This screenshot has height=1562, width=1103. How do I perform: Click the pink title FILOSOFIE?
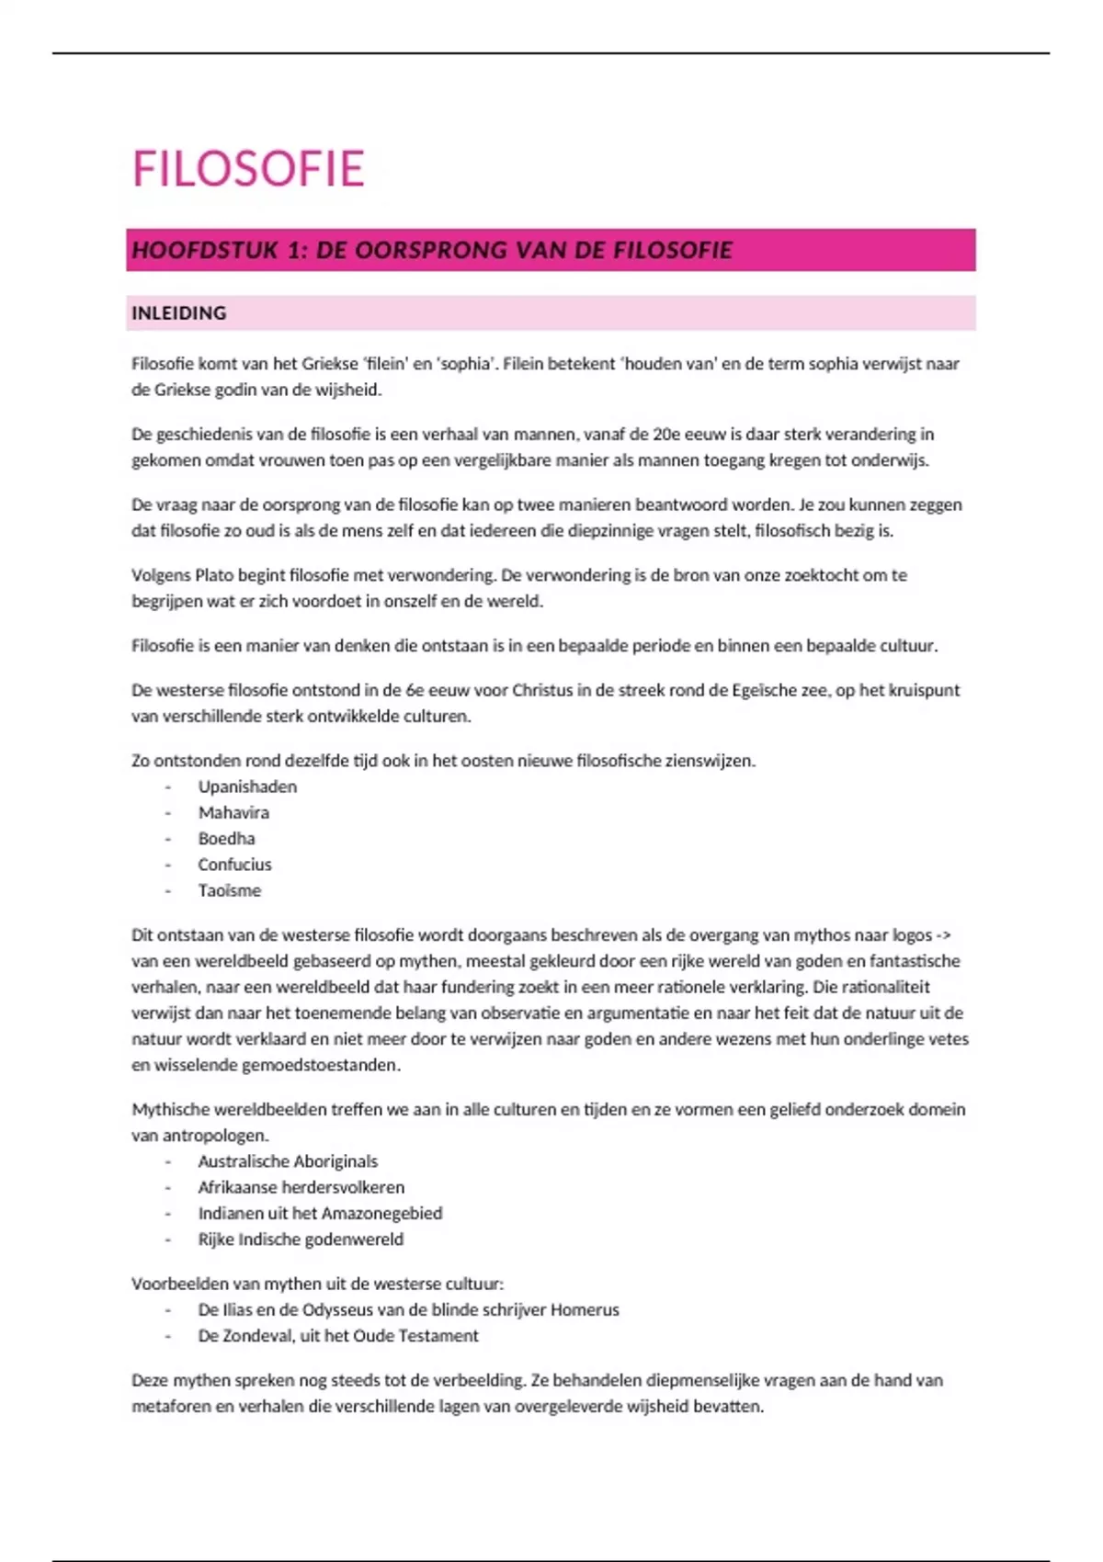[x=248, y=169]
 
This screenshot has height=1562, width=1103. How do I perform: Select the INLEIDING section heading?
[x=178, y=313]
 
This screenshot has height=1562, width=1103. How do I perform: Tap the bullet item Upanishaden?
[x=247, y=787]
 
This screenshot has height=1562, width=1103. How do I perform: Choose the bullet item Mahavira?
[x=233, y=812]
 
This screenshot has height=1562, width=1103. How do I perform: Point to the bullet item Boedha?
[x=226, y=838]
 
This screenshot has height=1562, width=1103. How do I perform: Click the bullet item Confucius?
[x=234, y=865]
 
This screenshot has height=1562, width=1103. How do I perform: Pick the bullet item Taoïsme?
[x=229, y=890]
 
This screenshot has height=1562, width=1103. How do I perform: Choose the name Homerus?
[x=585, y=1309]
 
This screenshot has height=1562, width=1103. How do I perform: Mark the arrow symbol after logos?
[x=942, y=935]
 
